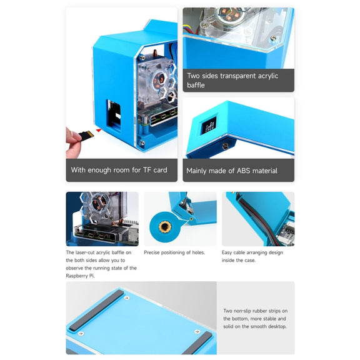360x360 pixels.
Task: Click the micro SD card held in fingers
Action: (86, 135)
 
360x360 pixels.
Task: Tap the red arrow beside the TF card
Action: (99, 131)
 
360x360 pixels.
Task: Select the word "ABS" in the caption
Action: (244, 171)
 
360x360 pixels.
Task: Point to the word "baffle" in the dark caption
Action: (196, 85)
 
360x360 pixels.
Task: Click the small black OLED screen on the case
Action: (209, 125)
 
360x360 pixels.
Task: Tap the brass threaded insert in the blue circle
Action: (164, 227)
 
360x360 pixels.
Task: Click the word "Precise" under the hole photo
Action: (152, 252)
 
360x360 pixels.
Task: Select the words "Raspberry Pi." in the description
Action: (80, 276)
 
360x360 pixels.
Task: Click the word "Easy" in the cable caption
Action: (227, 252)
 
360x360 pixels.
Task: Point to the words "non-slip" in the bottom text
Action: (243, 311)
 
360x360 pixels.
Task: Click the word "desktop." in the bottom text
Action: (277, 326)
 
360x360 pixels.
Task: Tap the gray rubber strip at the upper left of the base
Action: (96, 309)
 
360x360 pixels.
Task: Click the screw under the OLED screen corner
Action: (226, 146)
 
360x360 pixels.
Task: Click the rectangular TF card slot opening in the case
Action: (114, 116)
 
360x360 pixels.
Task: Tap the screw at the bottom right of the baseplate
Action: (197, 331)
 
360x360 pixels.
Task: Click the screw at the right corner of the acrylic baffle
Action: (273, 38)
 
